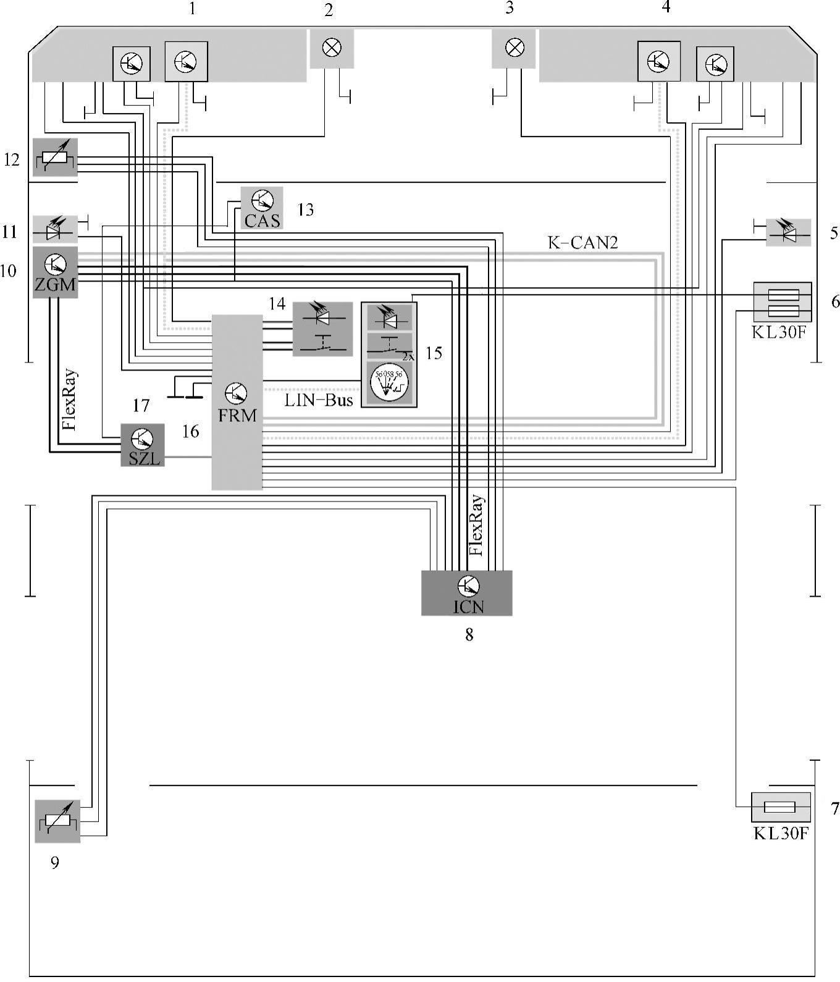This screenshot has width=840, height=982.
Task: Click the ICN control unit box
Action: point(466,593)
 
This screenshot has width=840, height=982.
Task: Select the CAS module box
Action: point(262,208)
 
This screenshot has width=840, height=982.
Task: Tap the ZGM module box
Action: point(55,272)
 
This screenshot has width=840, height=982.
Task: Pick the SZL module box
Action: point(142,445)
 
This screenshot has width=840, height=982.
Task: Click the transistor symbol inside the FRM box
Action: point(236,392)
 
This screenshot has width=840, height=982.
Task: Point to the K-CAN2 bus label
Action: point(582,242)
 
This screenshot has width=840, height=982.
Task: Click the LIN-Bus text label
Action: point(319,400)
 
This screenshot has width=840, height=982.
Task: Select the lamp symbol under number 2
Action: point(332,48)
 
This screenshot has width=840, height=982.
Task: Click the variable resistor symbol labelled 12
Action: point(55,157)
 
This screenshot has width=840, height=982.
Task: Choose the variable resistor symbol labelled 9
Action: point(57,821)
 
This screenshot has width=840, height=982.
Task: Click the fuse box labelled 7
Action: point(780,807)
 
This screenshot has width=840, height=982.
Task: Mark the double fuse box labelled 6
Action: point(783,302)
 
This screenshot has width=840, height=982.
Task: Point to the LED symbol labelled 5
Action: point(788,232)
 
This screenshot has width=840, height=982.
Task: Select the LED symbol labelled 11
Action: point(55,229)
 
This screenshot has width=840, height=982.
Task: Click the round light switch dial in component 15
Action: point(389,383)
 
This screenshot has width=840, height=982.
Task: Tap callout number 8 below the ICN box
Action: point(469,634)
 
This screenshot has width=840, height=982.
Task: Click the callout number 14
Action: point(277,304)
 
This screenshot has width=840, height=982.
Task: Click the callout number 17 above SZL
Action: point(141,406)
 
